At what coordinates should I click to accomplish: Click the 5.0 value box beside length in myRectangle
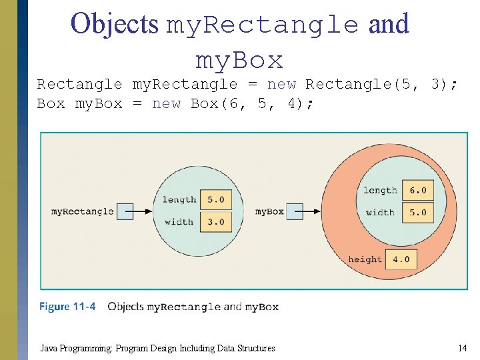coord(215,199)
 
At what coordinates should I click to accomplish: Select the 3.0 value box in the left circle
coord(215,222)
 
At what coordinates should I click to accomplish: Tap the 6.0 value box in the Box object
coord(418,190)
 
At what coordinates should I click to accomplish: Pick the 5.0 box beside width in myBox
coord(418,213)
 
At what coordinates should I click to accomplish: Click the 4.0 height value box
coord(401,259)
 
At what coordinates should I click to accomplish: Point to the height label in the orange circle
coord(365,259)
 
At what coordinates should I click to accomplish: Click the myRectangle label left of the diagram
coord(83,211)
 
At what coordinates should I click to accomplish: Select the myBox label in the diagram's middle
coord(269,211)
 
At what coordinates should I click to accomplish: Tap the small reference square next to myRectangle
coord(125,211)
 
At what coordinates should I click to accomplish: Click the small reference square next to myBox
coord(295,211)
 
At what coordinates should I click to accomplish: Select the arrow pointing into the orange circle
coord(313,211)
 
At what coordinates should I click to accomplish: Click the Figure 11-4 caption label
coord(67,307)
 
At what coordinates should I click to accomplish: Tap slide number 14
coord(462,348)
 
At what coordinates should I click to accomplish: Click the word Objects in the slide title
coord(115,24)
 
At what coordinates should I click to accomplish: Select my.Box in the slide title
coord(239,61)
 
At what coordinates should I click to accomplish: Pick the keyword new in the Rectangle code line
coord(281,84)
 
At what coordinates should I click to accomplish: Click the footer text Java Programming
coord(77,348)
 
